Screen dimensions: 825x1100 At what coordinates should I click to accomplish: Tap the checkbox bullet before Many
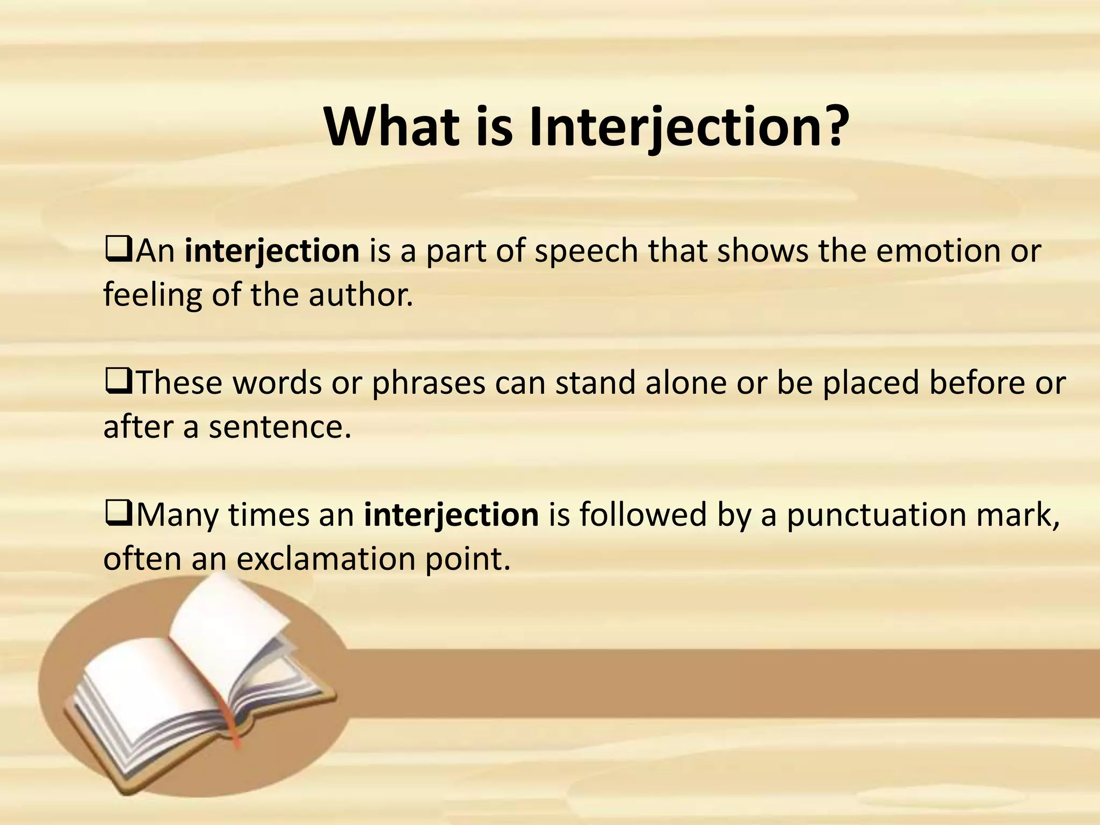[118, 514]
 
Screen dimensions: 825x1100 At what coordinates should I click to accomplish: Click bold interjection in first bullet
[272, 251]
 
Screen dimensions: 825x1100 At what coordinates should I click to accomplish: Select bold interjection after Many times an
[451, 515]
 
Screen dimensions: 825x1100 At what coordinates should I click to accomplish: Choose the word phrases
[428, 383]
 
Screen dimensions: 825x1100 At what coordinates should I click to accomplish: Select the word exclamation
[325, 559]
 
